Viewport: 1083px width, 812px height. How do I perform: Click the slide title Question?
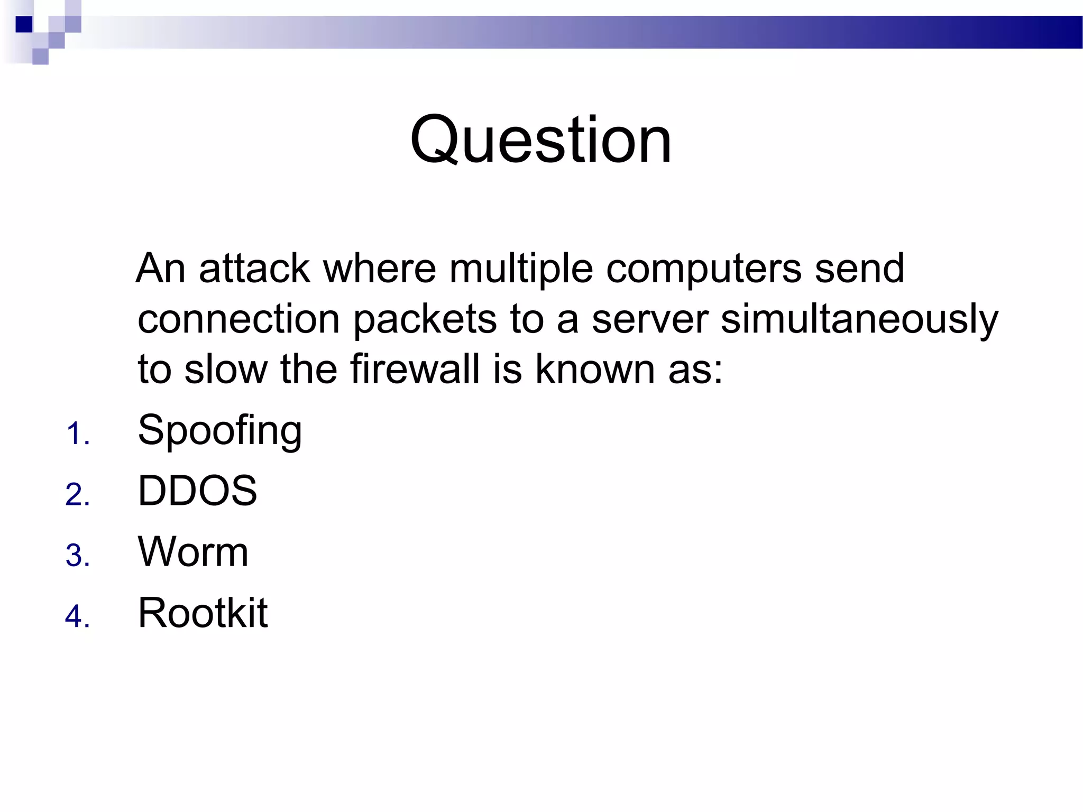540,140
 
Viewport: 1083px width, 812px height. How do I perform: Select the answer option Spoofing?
219,430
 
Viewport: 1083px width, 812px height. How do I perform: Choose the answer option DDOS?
197,491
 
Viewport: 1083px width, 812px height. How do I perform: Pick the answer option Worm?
193,552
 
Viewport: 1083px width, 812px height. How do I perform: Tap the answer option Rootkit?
203,613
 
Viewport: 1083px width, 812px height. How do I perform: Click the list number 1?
77,434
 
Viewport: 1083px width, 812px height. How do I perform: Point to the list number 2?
77,495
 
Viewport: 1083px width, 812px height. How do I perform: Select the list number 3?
77,556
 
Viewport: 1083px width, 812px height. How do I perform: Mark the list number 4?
77,617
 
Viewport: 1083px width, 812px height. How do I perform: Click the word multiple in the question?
521,269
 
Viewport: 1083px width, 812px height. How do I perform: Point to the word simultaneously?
859,319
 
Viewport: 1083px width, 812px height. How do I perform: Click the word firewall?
415,369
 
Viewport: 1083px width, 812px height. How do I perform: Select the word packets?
425,319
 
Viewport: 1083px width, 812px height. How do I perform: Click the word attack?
254,269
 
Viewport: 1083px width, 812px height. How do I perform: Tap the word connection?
238,319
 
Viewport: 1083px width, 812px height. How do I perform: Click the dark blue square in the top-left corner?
24,24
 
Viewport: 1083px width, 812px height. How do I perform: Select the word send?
859,269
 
